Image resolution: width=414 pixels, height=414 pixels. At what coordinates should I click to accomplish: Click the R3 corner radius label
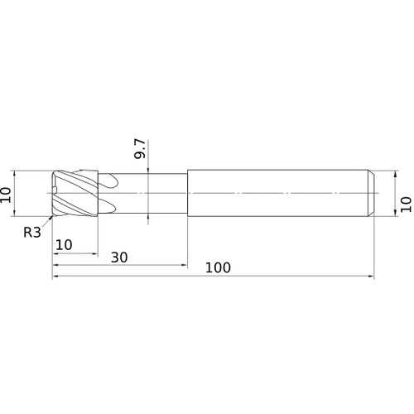pos(31,233)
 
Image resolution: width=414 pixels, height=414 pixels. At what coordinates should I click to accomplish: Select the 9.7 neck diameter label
pos(141,149)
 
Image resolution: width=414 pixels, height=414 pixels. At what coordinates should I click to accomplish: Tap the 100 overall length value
pos(218,267)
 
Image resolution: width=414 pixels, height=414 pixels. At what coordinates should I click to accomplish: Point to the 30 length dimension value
pos(119,257)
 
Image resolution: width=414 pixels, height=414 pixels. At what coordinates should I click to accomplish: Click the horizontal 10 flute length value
pos(65,246)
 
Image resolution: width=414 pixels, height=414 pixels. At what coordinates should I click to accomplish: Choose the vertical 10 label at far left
pos(7,195)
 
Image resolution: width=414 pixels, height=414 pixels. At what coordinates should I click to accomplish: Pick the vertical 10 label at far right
pos(405,205)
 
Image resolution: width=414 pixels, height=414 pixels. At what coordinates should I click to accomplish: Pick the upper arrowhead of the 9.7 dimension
pos(147,170)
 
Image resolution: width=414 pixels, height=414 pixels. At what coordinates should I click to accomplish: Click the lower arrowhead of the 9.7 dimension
pos(147,219)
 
